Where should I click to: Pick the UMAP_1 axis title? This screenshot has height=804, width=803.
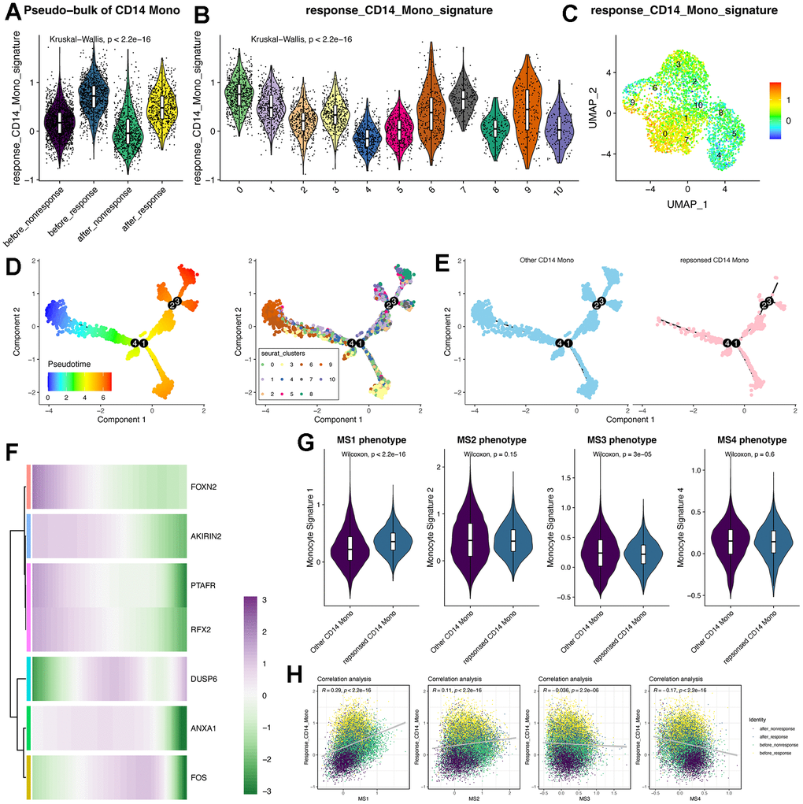pyautogui.click(x=687, y=202)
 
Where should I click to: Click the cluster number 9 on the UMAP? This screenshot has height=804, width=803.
pyautogui.click(x=632, y=102)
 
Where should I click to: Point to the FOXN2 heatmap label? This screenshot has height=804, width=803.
pyautogui.click(x=204, y=487)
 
